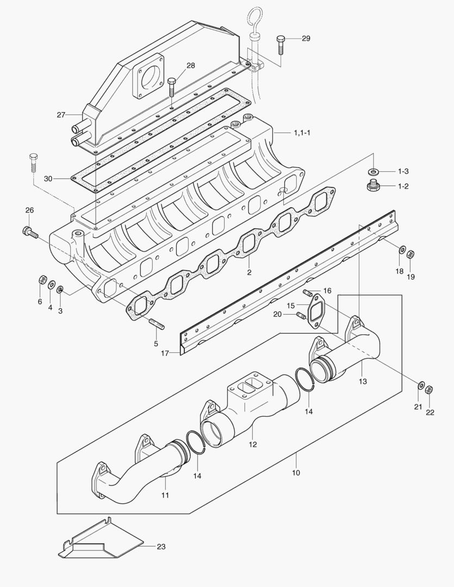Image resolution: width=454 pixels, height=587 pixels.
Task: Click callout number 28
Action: tap(190, 66)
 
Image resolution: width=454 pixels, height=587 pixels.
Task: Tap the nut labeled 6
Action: tap(42, 280)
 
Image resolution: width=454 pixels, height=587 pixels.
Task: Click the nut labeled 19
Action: tap(411, 253)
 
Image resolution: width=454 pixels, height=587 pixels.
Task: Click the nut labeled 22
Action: tap(428, 389)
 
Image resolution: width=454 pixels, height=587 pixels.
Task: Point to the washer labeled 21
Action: tap(420, 385)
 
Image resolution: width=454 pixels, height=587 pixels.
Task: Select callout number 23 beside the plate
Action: tap(161, 547)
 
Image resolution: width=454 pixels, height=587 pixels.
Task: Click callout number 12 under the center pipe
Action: tap(253, 445)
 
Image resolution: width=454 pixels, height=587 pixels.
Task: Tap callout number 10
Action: tap(296, 473)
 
